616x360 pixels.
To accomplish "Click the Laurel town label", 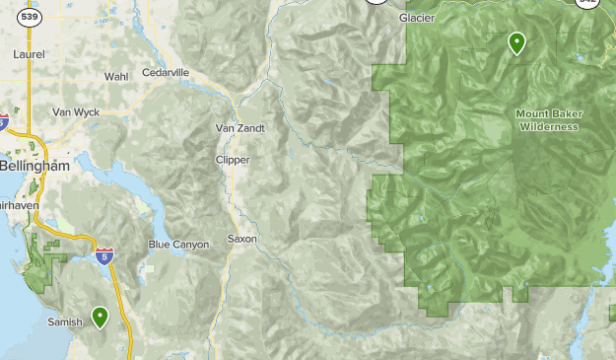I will (29, 55).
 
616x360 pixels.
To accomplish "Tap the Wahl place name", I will (116, 76).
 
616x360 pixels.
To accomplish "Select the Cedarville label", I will (166, 72).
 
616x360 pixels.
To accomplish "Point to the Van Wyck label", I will (76, 111).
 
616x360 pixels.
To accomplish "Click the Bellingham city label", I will (35, 167).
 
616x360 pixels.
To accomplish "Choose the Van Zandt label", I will (240, 128).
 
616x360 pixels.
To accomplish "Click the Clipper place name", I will (233, 160).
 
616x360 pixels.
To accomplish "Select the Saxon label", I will (241, 239).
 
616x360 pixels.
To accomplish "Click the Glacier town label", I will (418, 18).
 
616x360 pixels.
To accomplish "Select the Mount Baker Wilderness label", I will (549, 119).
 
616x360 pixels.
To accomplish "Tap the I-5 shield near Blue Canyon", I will (103, 255).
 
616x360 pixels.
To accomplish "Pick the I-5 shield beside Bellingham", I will (3, 122).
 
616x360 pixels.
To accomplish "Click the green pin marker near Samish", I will (100, 316).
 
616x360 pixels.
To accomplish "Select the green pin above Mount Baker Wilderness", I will (515, 41).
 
